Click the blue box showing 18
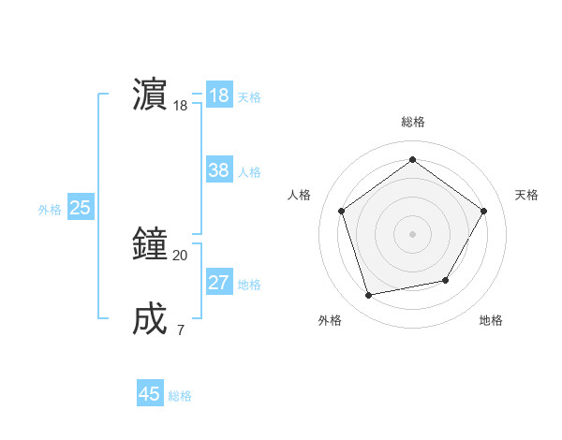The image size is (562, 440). [x=219, y=95]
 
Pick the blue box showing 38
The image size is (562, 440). [x=219, y=170]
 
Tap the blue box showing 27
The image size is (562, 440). [x=219, y=283]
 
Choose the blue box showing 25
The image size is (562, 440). [x=80, y=208]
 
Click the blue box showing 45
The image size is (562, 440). [x=150, y=394]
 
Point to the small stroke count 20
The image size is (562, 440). [x=180, y=255]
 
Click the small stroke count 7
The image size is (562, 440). [x=180, y=330]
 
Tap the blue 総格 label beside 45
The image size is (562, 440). [x=180, y=396]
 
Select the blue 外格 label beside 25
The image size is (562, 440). [x=50, y=210]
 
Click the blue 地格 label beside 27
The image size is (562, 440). [x=249, y=285]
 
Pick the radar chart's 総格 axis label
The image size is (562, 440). [x=412, y=122]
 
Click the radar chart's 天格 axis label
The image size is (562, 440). [x=526, y=195]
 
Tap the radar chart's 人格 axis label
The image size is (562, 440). [x=299, y=195]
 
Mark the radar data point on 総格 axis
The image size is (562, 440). [x=412, y=160]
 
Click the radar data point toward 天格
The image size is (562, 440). [x=483, y=211]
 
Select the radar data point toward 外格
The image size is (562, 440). [x=369, y=295]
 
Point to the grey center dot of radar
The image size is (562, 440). [x=412, y=233]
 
